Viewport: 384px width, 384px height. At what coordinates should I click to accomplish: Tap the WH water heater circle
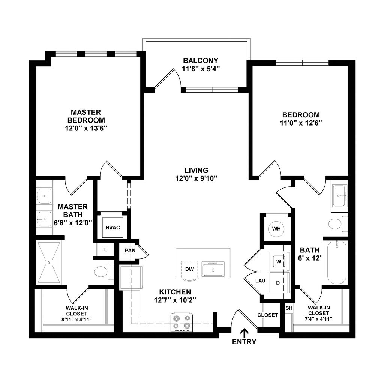click(x=276, y=228)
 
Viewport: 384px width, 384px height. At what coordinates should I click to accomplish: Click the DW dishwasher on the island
click(x=189, y=269)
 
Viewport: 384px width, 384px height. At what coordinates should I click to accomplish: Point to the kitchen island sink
click(x=213, y=269)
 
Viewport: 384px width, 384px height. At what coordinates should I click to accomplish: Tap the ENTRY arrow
click(x=244, y=332)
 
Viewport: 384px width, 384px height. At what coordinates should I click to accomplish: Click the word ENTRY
click(x=244, y=342)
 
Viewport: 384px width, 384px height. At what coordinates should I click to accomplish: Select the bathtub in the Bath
click(x=337, y=263)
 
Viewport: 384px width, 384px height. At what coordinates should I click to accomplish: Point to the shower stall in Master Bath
click(x=49, y=263)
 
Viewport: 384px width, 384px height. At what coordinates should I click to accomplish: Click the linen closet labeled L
click(x=106, y=249)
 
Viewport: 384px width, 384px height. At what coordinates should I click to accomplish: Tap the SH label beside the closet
click(x=288, y=307)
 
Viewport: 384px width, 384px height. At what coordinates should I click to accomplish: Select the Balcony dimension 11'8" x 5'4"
click(x=200, y=69)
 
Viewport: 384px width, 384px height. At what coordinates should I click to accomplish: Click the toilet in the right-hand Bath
click(x=334, y=224)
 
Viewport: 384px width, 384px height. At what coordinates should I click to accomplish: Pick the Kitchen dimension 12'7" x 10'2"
click(x=175, y=300)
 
